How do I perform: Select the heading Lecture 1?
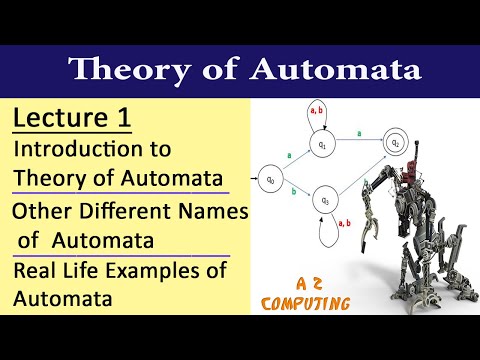click(71, 120)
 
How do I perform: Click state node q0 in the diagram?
click(269, 180)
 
